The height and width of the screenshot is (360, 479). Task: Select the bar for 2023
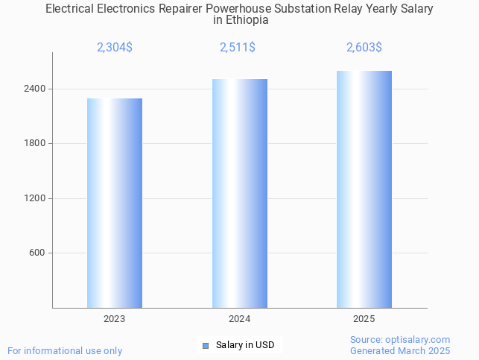115,203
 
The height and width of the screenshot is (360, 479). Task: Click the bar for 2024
239,193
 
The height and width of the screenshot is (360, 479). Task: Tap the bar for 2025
364,189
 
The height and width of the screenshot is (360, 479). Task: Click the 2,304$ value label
115,48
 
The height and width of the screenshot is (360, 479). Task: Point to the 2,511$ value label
238,48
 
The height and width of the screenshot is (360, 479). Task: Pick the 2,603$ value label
364,48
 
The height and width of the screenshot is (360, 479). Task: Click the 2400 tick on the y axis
35,89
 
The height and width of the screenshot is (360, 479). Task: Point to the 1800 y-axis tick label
35,143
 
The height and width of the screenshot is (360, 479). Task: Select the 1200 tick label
35,198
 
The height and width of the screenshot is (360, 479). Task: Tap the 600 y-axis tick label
37,253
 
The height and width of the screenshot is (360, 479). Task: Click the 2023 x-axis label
115,319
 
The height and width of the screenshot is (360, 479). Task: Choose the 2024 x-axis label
239,319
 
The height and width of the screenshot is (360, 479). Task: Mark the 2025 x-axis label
364,319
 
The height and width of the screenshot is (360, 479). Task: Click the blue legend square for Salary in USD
206,345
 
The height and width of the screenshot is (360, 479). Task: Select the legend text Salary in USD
245,345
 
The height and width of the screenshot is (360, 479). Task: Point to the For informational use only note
65,350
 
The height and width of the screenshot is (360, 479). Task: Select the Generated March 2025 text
400,350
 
